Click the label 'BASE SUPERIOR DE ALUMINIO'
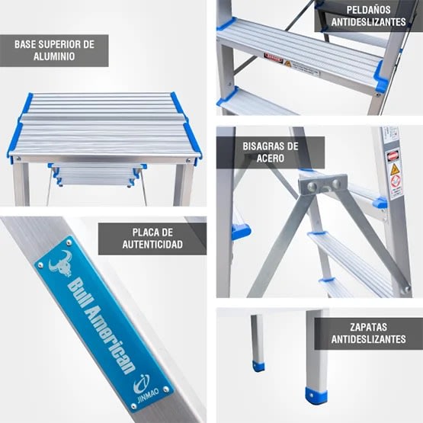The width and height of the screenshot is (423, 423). (54, 50)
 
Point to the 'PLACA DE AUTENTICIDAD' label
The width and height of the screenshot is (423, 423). (152, 238)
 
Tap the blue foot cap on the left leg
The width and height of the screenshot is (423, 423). (259, 367)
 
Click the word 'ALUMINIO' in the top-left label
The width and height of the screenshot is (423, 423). (54, 57)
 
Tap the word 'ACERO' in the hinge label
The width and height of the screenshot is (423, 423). (270, 159)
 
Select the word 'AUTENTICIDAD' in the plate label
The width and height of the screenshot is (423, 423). (152, 245)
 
